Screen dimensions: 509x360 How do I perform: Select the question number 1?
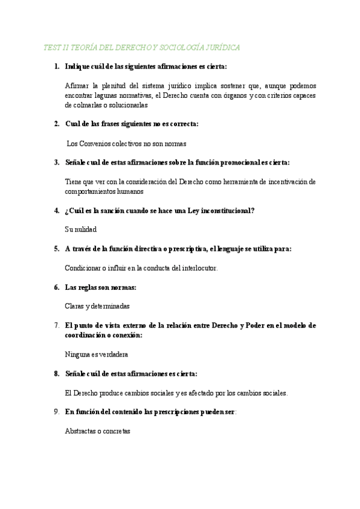pyautogui.click(x=56, y=67)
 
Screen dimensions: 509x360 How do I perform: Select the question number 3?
pyautogui.click(x=56, y=162)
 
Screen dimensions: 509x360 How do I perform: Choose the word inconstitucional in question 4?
pyautogui.click(x=218, y=210)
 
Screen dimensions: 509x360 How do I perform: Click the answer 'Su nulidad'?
pyautogui.click(x=80, y=229)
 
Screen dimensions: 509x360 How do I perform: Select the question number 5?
pyautogui.click(x=56, y=248)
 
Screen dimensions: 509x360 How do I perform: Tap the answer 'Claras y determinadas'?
pyautogui.click(x=97, y=306)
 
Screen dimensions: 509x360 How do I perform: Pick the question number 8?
pyautogui.click(x=56, y=373)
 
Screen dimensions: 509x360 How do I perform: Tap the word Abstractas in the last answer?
pyautogui.click(x=80, y=431)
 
